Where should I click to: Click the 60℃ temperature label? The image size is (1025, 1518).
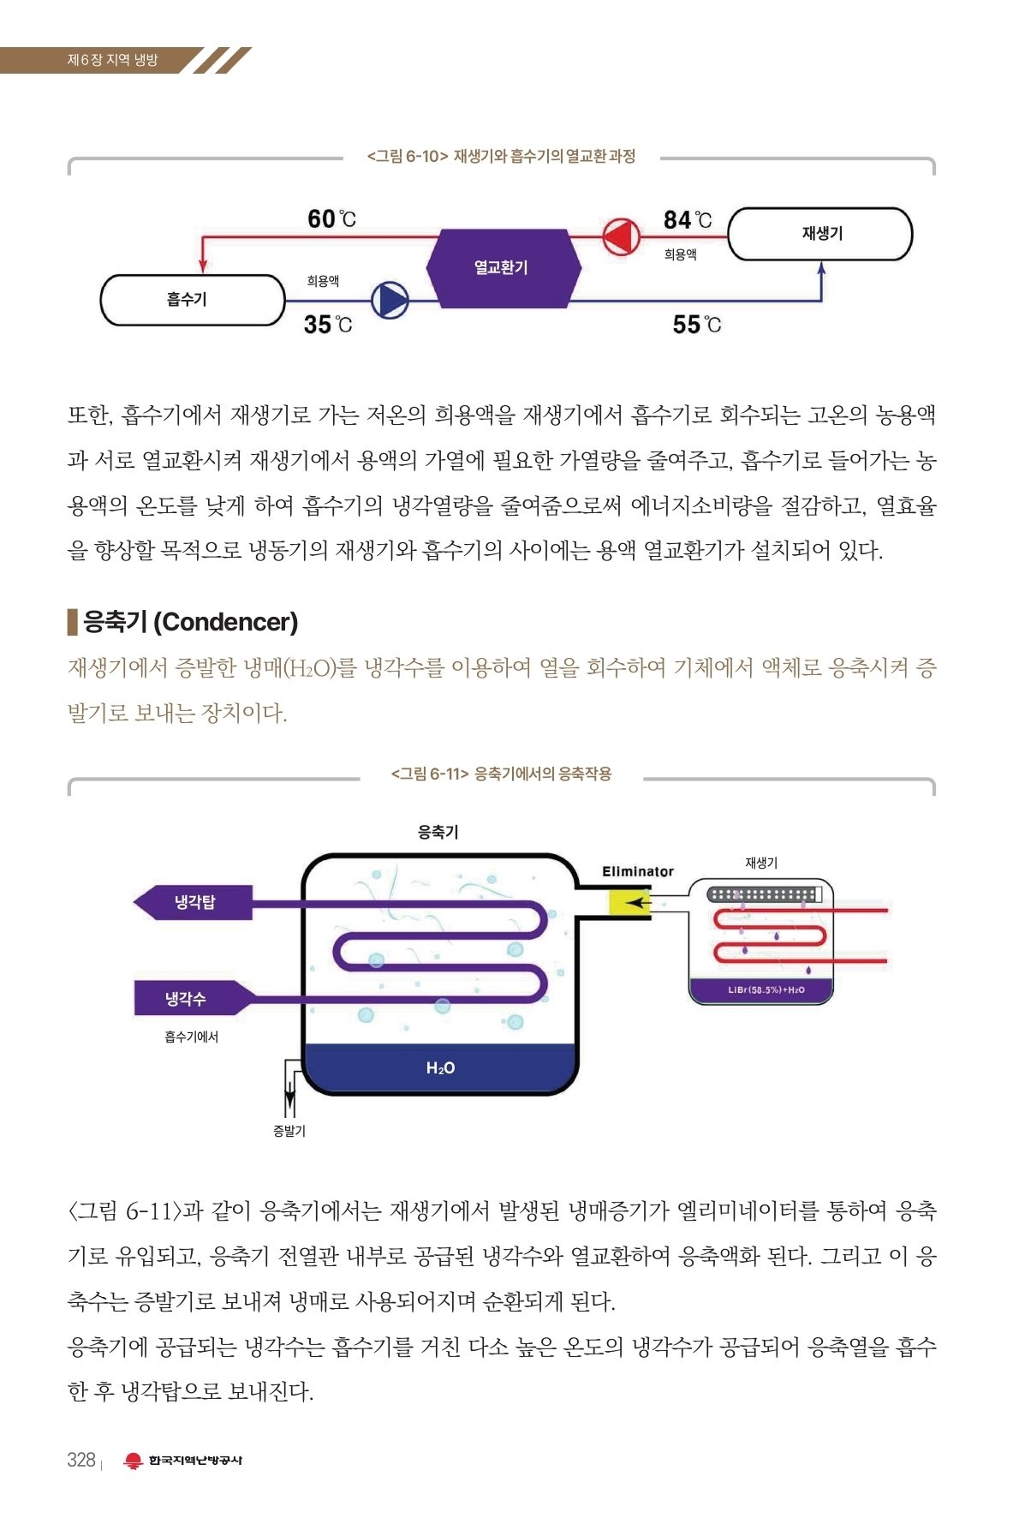point(331,219)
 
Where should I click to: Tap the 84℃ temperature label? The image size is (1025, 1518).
point(687,220)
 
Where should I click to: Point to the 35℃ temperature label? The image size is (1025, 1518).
point(327,325)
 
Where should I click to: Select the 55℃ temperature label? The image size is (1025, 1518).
point(696,325)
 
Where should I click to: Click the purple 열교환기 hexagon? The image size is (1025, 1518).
point(503,268)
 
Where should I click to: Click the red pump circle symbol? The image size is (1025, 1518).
point(621,236)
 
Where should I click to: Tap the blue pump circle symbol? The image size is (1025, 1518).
point(390,300)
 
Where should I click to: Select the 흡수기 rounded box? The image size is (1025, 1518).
point(192,300)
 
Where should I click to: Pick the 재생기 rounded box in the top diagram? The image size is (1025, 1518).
point(820,234)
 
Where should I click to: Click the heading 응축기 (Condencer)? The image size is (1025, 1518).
point(190,622)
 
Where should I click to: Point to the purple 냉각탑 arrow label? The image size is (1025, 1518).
point(194,902)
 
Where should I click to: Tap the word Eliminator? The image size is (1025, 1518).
point(637,871)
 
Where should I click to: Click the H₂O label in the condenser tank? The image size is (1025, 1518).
point(440,1067)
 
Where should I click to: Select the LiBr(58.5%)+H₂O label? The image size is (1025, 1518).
point(766,990)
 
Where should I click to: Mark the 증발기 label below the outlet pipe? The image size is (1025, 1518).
point(289,1131)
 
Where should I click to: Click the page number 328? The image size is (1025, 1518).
point(81,1460)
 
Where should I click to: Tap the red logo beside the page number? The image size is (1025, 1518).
point(133,1461)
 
